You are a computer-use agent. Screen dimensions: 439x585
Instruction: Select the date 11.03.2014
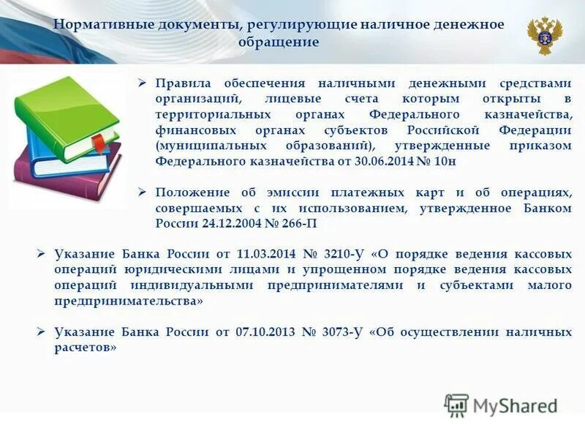(266, 254)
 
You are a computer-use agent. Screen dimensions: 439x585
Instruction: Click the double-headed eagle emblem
(545, 36)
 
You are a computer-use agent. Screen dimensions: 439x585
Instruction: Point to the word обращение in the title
(279, 42)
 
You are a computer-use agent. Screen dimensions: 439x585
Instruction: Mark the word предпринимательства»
(129, 301)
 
